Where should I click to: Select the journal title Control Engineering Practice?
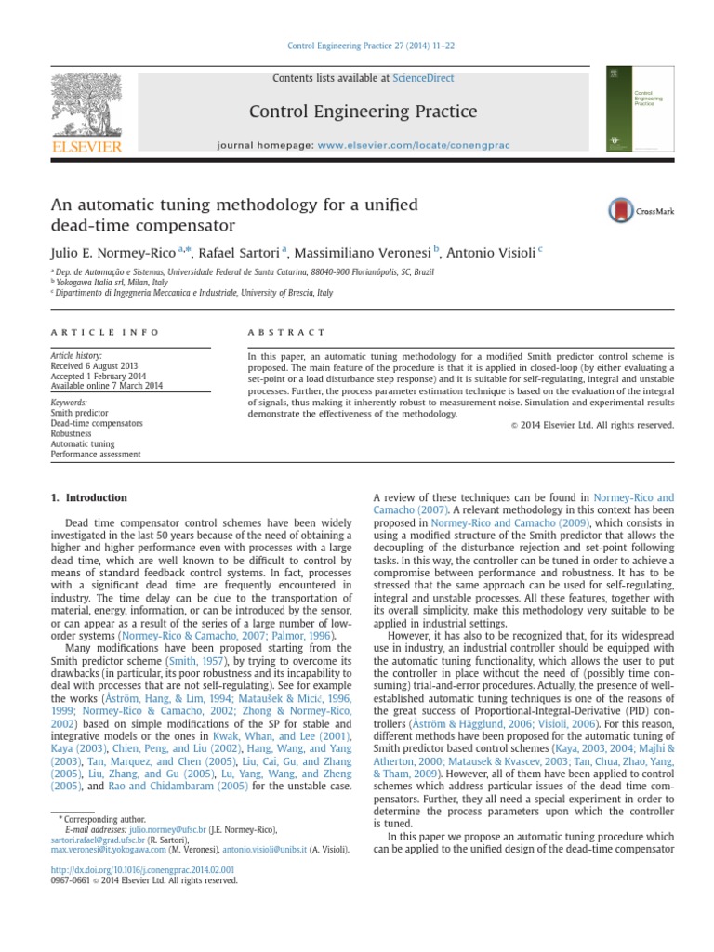coord(364,112)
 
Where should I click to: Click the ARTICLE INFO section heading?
coord(105,332)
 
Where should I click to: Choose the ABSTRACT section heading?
coord(286,332)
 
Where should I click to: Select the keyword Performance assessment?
coord(96,455)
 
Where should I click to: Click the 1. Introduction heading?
coord(89,497)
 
